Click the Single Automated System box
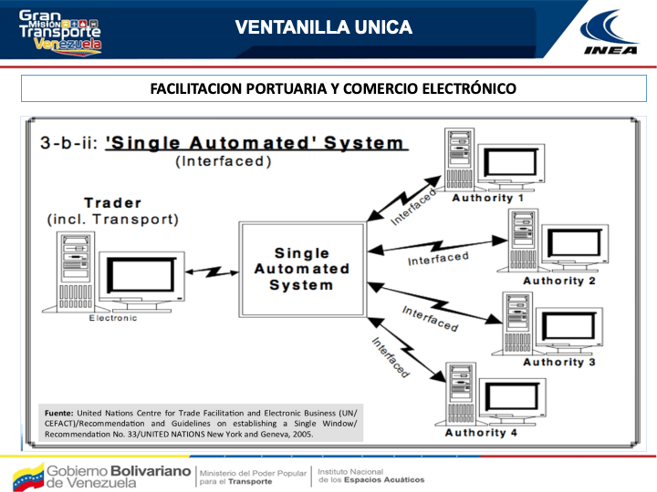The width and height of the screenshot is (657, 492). pyautogui.click(x=301, y=268)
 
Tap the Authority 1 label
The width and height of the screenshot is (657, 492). pyautogui.click(x=487, y=198)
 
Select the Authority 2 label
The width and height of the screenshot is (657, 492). pyautogui.click(x=558, y=281)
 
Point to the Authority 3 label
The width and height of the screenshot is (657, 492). pyautogui.click(x=558, y=362)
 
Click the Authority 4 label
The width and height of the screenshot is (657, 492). pyautogui.click(x=481, y=433)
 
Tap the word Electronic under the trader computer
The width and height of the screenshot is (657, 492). pyautogui.click(x=113, y=318)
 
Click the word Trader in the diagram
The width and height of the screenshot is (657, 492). pyautogui.click(x=112, y=202)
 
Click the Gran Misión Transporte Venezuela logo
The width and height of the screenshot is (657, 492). pyautogui.click(x=60, y=29)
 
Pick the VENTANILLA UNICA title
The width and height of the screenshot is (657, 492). pyautogui.click(x=323, y=27)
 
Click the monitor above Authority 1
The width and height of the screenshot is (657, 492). pyautogui.click(x=516, y=164)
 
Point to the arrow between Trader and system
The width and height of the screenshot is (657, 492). pyautogui.click(x=211, y=271)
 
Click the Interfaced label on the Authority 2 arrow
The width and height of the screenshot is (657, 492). pyautogui.click(x=438, y=258)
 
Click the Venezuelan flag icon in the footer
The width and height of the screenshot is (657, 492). pyautogui.click(x=25, y=476)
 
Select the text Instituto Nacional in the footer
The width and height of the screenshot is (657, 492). pyautogui.click(x=349, y=470)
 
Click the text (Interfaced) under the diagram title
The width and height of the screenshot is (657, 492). pyautogui.click(x=223, y=161)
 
